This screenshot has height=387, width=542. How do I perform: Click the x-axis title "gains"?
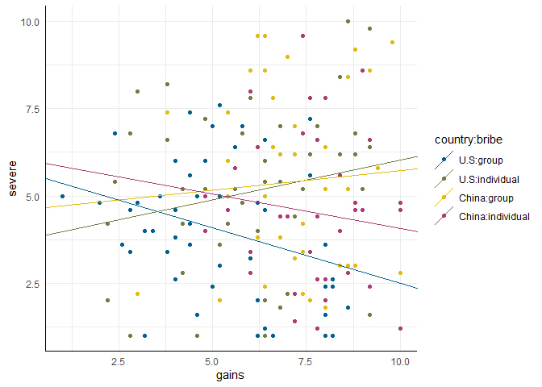click(x=231, y=376)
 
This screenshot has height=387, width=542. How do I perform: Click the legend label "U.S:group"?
click(x=481, y=160)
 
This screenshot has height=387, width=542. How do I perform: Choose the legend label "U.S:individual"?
click(x=489, y=179)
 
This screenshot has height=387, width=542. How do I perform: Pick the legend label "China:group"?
click(x=486, y=198)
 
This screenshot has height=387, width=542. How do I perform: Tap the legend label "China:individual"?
click(x=494, y=216)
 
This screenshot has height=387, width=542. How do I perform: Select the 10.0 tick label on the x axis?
click(x=400, y=360)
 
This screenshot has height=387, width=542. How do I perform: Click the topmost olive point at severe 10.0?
click(x=348, y=22)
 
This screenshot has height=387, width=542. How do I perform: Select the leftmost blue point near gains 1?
click(x=62, y=196)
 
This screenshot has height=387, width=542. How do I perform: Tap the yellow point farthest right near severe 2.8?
click(x=400, y=273)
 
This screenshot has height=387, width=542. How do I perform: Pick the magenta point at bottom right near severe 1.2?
click(x=400, y=329)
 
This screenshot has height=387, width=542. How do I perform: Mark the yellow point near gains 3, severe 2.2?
click(x=137, y=294)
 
